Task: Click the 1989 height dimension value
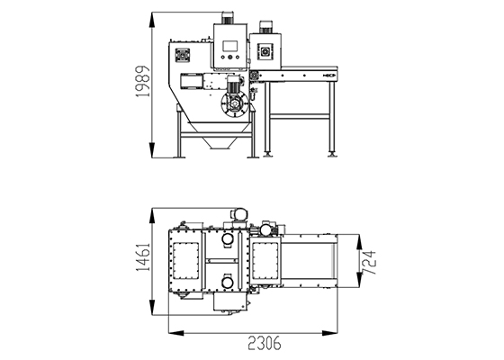click(143, 81)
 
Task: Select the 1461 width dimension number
click(143, 257)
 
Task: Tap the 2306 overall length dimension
click(265, 343)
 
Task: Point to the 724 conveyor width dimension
click(369, 263)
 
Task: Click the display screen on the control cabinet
click(229, 46)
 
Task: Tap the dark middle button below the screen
click(229, 58)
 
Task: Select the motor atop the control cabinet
click(228, 18)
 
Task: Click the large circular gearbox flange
click(235, 104)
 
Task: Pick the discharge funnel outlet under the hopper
click(220, 144)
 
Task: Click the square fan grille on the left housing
click(182, 56)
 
